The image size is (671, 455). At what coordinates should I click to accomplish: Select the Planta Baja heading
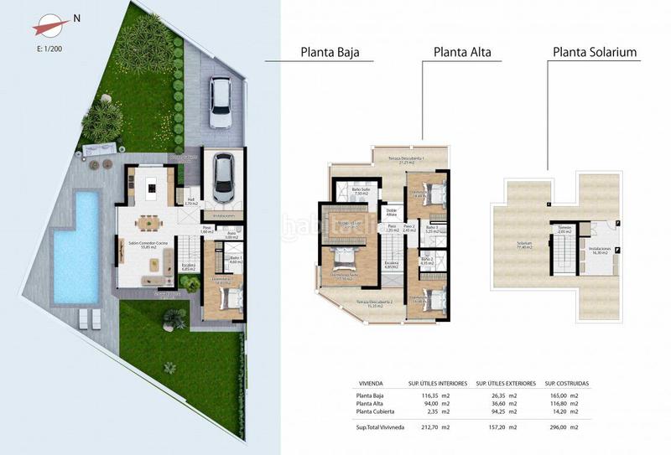(330, 52)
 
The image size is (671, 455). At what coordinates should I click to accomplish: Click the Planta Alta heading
(461, 52)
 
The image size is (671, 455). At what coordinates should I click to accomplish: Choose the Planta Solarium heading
(594, 52)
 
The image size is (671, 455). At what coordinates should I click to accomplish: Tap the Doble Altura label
(392, 213)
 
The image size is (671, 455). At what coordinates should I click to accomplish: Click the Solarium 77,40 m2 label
(525, 246)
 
